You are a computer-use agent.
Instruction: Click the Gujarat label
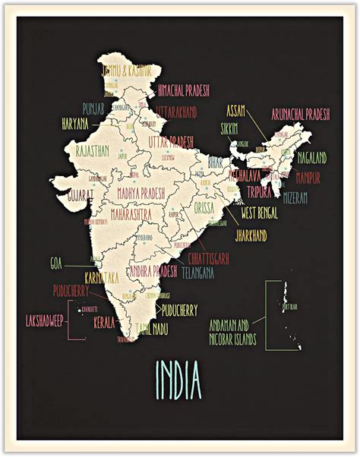tap(80, 194)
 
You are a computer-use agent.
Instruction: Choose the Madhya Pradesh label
tap(141, 193)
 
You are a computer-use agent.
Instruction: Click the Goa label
tap(55, 264)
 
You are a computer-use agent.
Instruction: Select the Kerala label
tap(104, 323)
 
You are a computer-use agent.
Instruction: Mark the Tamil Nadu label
tap(153, 329)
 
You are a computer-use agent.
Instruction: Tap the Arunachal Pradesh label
tap(301, 115)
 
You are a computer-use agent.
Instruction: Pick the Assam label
tap(236, 111)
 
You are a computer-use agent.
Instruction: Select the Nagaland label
tap(311, 158)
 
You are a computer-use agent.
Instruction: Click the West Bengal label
tap(259, 214)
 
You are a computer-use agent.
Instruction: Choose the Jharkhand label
tap(251, 237)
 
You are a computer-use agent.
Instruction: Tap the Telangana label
tap(197, 271)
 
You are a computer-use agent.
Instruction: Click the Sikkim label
tap(229, 128)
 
